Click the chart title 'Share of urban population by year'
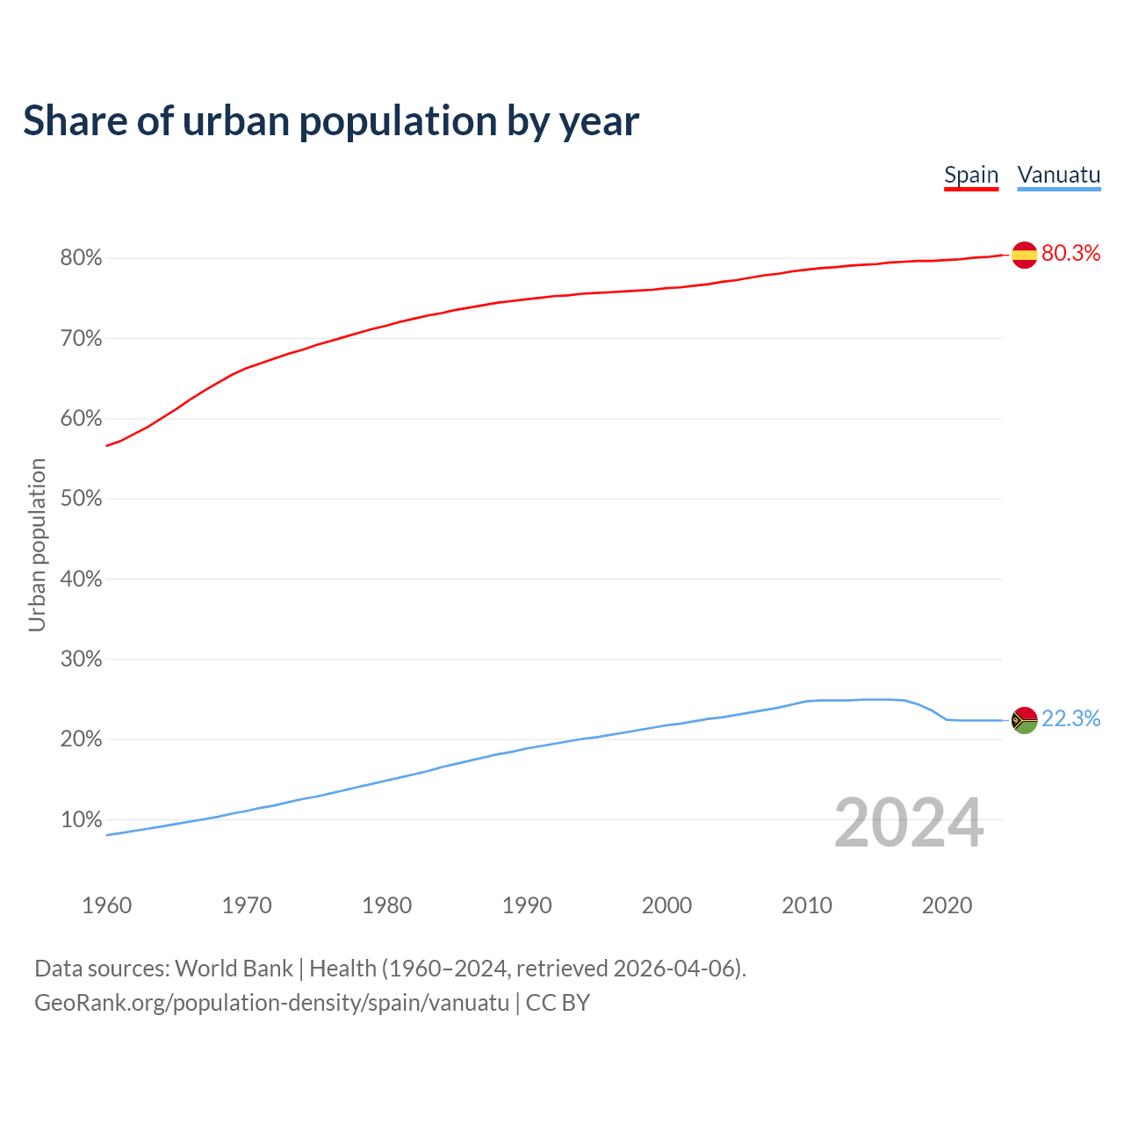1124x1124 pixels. (331, 121)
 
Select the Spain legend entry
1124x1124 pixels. (971, 175)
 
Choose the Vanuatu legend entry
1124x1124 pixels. (1059, 175)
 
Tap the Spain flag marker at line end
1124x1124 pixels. (1025, 255)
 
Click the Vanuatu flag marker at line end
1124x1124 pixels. (1025, 720)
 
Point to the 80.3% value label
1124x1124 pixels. (1071, 254)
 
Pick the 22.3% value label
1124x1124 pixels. (1071, 719)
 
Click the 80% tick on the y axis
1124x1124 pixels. (82, 258)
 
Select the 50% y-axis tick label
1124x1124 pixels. (82, 499)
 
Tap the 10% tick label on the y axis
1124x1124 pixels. (82, 820)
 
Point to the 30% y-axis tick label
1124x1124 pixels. (82, 659)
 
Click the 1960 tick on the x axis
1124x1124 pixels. (106, 905)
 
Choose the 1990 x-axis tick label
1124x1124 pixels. (527, 905)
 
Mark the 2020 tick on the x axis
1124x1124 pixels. (947, 905)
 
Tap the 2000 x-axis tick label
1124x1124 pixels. (666, 905)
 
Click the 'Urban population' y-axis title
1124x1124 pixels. (37, 544)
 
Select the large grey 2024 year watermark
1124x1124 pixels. (909, 823)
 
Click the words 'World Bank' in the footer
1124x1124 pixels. (234, 969)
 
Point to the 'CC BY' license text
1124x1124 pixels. (558, 1003)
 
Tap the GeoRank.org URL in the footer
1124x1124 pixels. (271, 1003)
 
